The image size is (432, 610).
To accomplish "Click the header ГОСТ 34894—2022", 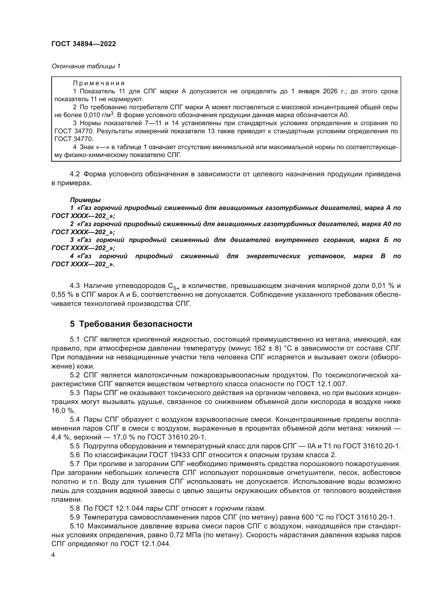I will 84,44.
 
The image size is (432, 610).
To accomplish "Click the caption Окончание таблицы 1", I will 86,66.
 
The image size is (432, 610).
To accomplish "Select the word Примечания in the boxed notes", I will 99,83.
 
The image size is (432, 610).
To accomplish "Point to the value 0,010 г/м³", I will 99,115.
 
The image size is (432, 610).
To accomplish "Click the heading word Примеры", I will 85,200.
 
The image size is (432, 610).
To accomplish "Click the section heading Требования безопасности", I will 135,324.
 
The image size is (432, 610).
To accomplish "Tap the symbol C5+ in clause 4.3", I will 174,286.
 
